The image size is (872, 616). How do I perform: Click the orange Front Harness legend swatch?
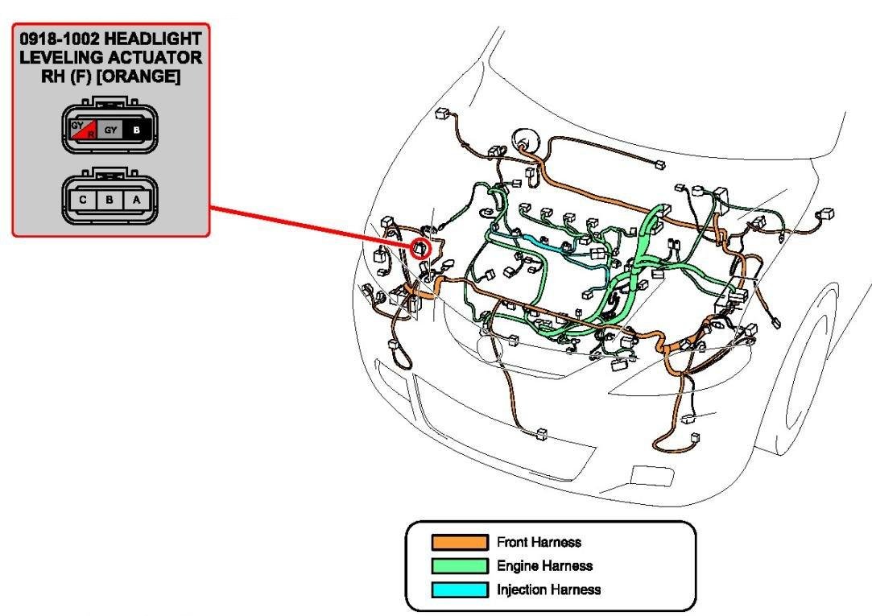460,542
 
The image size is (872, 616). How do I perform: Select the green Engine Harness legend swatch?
460,566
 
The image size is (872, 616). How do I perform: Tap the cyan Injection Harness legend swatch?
460,589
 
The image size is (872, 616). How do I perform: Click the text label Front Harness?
539,542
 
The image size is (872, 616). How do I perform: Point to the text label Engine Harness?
544,566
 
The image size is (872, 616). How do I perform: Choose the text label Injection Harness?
548,589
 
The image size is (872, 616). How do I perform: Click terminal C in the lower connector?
83,198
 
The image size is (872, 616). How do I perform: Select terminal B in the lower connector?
110,198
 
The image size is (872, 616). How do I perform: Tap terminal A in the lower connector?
136,198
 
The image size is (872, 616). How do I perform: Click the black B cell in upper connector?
136,129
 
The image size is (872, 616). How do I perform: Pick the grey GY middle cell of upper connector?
110,129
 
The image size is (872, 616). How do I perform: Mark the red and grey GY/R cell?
84,129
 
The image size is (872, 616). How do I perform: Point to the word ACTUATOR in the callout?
158,58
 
